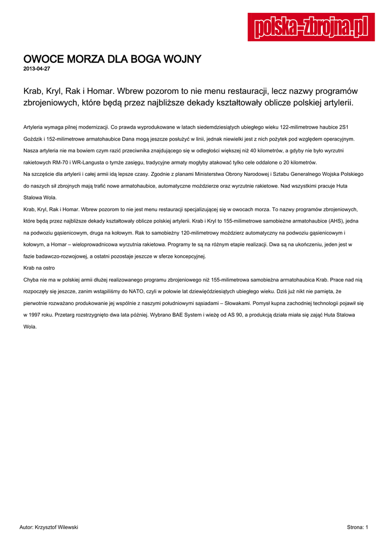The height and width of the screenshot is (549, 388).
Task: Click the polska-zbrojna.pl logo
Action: tap(311, 27)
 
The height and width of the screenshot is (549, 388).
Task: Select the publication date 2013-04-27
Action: tap(36, 69)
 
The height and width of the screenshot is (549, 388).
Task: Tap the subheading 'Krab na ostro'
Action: tap(39, 268)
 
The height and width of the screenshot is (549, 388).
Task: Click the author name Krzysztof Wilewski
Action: tap(56, 528)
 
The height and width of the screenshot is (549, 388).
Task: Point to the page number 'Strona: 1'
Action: tap(357, 528)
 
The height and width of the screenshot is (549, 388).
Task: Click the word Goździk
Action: tap(34, 139)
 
